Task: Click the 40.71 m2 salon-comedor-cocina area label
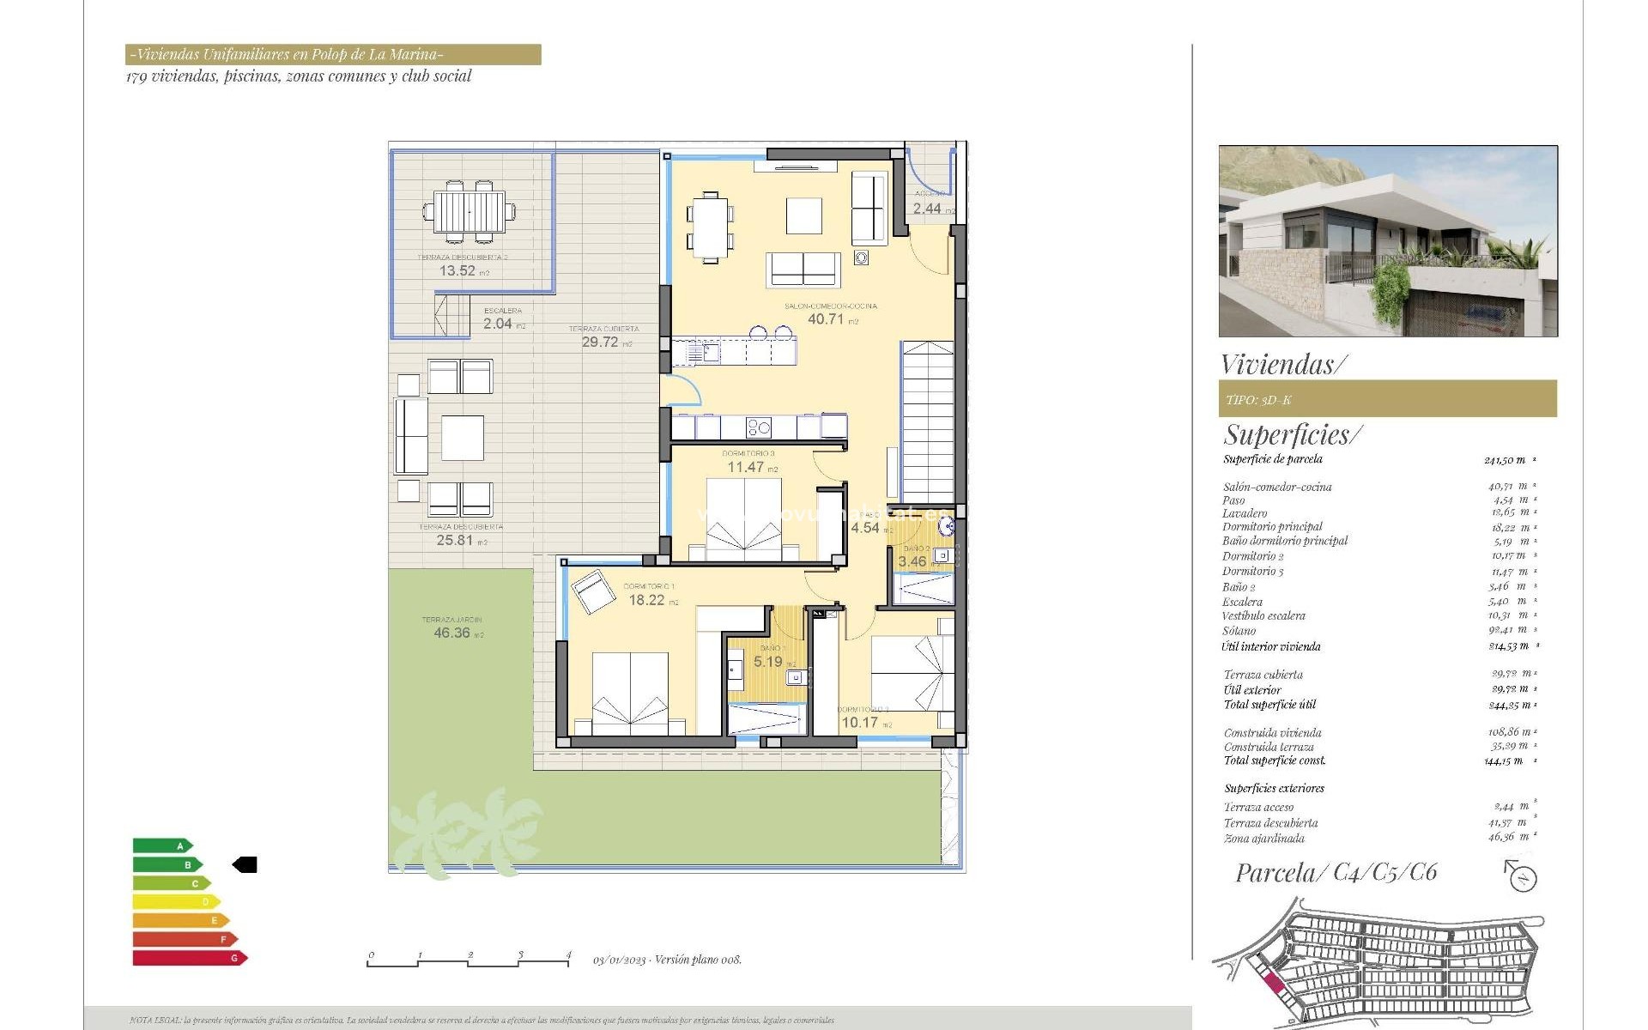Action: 826,319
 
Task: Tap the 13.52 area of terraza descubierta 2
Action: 457,271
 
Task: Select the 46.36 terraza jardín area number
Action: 451,633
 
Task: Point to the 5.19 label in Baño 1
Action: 767,662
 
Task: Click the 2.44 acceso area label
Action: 927,209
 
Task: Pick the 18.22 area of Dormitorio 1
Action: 646,601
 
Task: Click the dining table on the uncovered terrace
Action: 469,211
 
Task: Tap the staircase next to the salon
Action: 927,421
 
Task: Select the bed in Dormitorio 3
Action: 743,519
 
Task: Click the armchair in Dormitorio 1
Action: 591,591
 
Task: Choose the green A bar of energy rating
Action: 161,846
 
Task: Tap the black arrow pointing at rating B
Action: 245,865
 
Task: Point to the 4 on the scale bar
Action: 568,954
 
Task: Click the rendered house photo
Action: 1387,241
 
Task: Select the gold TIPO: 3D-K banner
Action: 1387,399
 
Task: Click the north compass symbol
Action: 1522,877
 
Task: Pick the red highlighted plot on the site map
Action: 1274,984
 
